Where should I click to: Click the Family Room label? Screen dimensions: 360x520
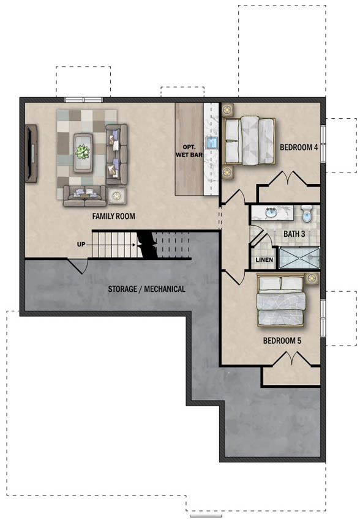pos(113,216)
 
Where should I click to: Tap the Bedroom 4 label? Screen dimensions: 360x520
pos(299,147)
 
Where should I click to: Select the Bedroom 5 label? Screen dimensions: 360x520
pos(282,341)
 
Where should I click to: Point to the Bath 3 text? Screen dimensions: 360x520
pos(294,234)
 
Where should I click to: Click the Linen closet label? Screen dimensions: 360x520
pos(264,259)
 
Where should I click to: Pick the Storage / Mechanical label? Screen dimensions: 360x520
pos(147,289)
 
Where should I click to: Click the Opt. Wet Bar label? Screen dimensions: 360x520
pos(189,151)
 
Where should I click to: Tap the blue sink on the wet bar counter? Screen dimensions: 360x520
pos(212,143)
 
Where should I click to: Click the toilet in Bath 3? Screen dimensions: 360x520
pos(307,214)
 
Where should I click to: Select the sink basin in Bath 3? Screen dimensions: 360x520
pos(271,212)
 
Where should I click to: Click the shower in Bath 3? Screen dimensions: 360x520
pos(299,258)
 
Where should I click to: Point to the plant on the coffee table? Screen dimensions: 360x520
pos(83,152)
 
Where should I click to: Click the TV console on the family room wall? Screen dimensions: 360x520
pos(31,153)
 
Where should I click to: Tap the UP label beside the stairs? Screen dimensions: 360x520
pos(81,245)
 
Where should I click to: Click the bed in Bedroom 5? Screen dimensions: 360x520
pos(280,300)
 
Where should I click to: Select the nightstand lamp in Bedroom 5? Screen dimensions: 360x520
pos(312,278)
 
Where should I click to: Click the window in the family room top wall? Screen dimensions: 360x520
pos(84,100)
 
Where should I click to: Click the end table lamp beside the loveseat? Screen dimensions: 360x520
pos(116,196)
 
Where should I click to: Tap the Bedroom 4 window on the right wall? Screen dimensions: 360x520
pos(323,144)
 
